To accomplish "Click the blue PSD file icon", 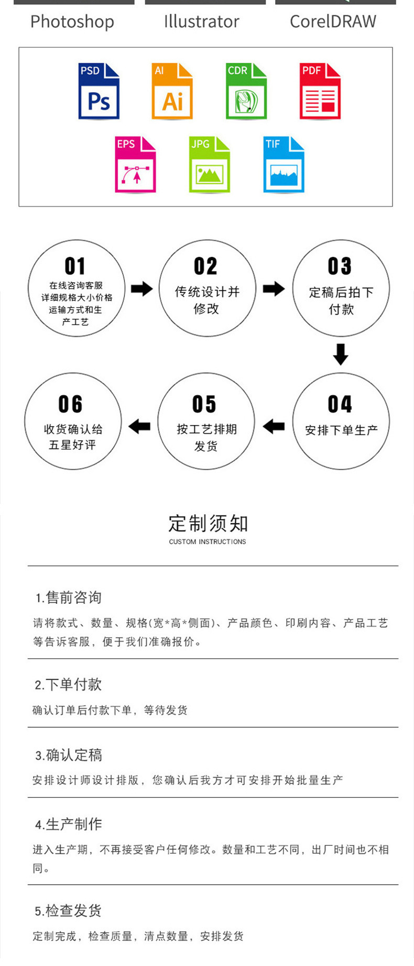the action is [99, 91].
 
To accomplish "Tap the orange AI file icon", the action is [172, 91].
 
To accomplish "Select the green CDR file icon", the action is [246, 91].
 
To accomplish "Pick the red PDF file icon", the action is [320, 91].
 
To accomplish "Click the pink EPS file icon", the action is [136, 165].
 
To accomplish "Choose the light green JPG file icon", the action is [210, 165].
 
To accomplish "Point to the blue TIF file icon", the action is [284, 165].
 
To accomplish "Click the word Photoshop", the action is [72, 22].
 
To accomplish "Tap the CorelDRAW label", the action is [333, 22].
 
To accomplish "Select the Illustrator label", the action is [202, 22].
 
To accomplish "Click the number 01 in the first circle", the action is [75, 266].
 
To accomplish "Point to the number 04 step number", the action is [340, 404].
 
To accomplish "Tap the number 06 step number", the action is [71, 404].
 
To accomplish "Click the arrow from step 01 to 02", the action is [141, 289].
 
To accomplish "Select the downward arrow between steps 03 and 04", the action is [341, 354].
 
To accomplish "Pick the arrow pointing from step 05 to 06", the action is [139, 426].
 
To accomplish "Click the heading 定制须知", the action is [208, 523].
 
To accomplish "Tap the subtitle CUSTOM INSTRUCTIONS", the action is [208, 542].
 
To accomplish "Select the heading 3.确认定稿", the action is [69, 755].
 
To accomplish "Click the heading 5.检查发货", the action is [68, 910].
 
